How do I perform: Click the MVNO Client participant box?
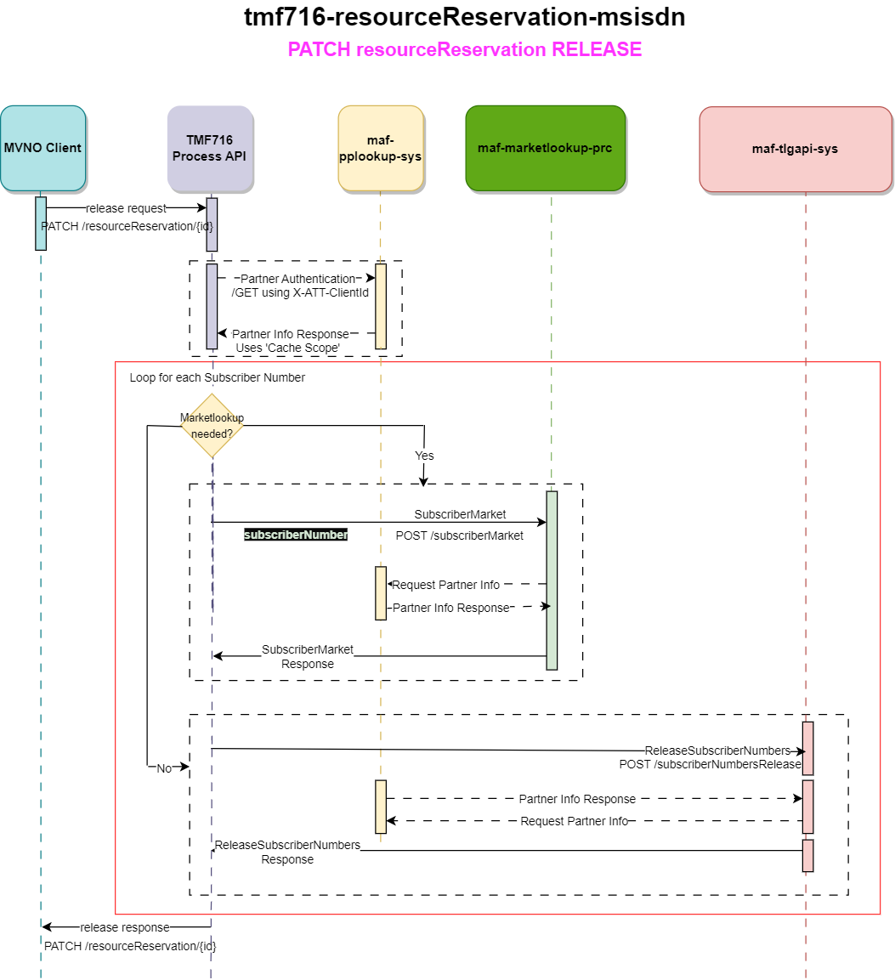(x=42, y=148)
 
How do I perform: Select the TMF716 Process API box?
(x=210, y=148)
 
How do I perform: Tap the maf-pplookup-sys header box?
(x=380, y=148)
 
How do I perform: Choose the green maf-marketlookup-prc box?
(x=545, y=148)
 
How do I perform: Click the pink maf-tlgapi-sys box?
(x=795, y=149)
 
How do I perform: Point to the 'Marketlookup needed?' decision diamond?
(x=212, y=426)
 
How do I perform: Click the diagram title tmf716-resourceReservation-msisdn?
(x=464, y=17)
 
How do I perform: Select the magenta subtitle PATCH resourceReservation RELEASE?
(x=464, y=49)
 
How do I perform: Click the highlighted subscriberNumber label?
(x=296, y=535)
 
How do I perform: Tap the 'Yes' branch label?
(x=424, y=456)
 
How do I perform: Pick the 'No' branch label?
(x=164, y=768)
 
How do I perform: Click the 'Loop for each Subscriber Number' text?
(x=217, y=377)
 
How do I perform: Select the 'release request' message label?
(x=127, y=208)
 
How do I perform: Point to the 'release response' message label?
(x=125, y=927)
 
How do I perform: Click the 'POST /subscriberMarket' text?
(x=460, y=535)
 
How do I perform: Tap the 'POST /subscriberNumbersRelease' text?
(x=710, y=764)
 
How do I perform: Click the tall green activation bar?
(x=552, y=581)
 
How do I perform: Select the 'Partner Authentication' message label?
(x=297, y=279)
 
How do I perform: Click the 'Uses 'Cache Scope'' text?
(x=287, y=348)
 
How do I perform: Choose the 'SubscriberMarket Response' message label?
(x=308, y=656)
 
